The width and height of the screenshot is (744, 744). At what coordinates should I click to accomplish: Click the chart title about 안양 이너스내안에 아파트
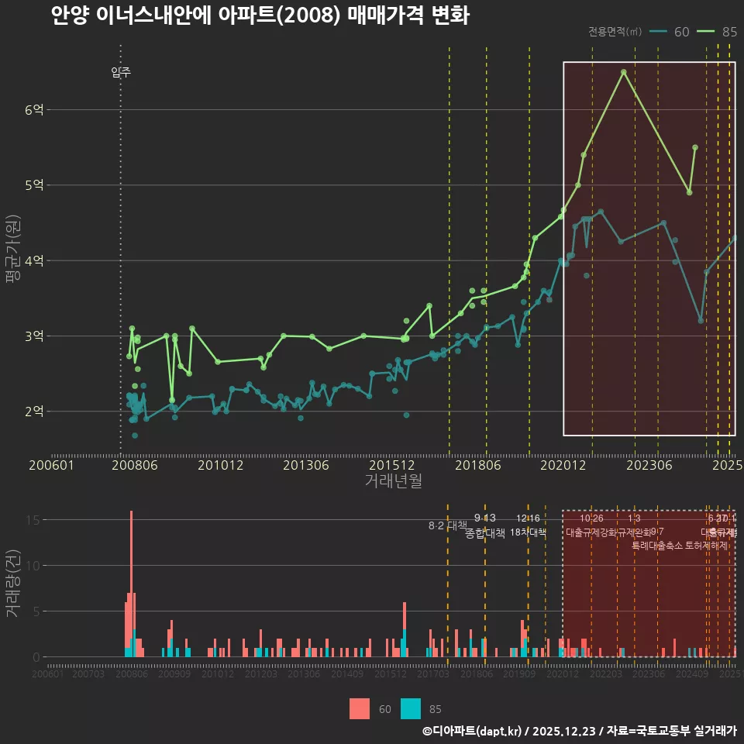pyautogui.click(x=260, y=16)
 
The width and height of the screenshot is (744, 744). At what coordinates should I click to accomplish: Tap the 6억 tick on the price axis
pyautogui.click(x=34, y=110)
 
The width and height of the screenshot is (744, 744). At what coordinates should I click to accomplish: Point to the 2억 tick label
pyautogui.click(x=34, y=412)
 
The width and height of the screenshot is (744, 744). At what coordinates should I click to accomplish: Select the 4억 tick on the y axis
pyautogui.click(x=34, y=260)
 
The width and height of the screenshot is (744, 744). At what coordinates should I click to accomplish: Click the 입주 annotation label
pyautogui.click(x=121, y=73)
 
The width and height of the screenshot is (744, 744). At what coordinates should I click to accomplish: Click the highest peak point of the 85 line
pyautogui.click(x=623, y=72)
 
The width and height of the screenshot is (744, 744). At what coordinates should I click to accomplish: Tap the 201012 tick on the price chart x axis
pyautogui.click(x=220, y=466)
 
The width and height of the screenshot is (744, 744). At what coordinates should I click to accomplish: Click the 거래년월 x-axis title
pyautogui.click(x=393, y=481)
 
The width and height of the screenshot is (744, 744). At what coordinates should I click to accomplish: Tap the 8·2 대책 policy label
pyautogui.click(x=443, y=525)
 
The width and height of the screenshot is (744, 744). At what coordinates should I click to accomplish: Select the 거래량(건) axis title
pyautogui.click(x=13, y=583)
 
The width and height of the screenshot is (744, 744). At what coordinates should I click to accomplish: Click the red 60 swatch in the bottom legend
pyautogui.click(x=360, y=708)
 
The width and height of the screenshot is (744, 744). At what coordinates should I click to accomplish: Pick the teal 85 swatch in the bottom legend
pyautogui.click(x=411, y=708)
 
